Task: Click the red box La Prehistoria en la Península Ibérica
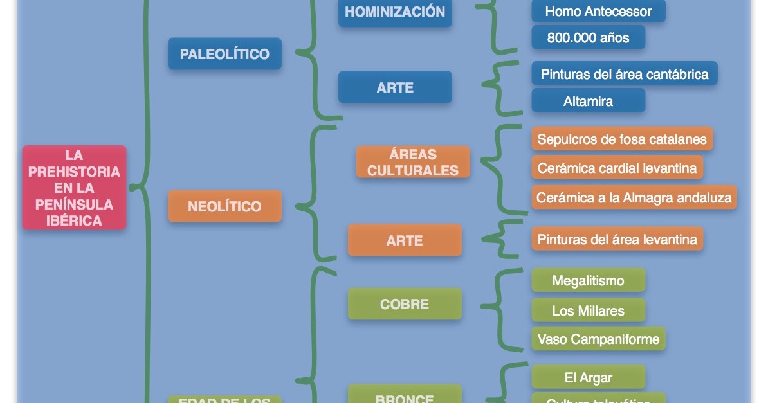pyautogui.click(x=74, y=188)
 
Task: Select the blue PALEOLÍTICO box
pyautogui.click(x=224, y=54)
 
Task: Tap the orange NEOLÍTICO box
pyautogui.click(x=224, y=206)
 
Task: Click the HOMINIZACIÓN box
pyautogui.click(x=395, y=12)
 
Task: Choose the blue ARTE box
pyautogui.click(x=395, y=87)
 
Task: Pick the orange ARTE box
pyautogui.click(x=405, y=240)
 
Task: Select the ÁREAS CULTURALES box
pyautogui.click(x=413, y=163)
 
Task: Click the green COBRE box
pyautogui.click(x=405, y=304)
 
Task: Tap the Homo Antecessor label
pyautogui.click(x=598, y=12)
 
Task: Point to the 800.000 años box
pyautogui.click(x=588, y=38)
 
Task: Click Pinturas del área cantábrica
pyautogui.click(x=624, y=74)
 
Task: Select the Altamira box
pyautogui.click(x=588, y=101)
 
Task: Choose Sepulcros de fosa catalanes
pyautogui.click(x=622, y=139)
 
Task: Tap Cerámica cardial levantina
pyautogui.click(x=617, y=168)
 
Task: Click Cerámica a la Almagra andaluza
pyautogui.click(x=634, y=198)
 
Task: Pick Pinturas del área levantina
pyautogui.click(x=617, y=240)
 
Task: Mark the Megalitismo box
pyautogui.click(x=588, y=281)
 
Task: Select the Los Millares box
pyautogui.click(x=588, y=311)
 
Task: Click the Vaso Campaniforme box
pyautogui.click(x=598, y=339)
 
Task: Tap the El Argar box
pyautogui.click(x=588, y=378)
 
